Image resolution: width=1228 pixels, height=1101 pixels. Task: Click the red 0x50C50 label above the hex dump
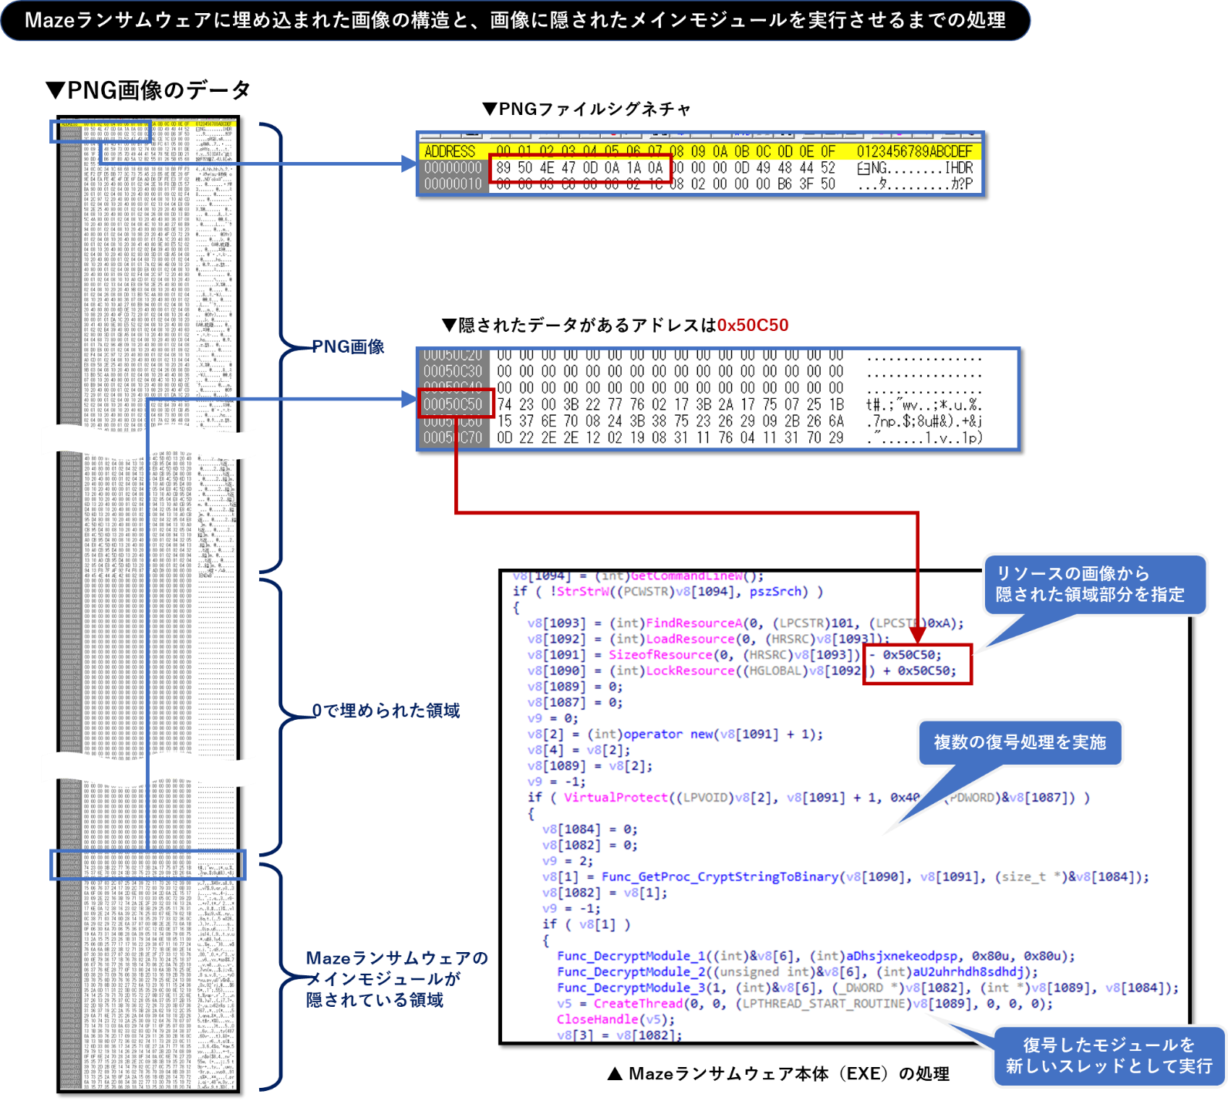(x=753, y=325)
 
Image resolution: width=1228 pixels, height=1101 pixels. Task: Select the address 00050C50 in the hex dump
(x=453, y=404)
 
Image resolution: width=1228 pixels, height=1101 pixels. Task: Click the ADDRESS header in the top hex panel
(x=450, y=151)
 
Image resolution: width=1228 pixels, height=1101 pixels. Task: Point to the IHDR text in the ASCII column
(x=959, y=167)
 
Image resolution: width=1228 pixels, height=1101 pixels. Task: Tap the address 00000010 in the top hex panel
(x=453, y=184)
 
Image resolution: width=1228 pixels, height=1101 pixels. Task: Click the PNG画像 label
(x=348, y=346)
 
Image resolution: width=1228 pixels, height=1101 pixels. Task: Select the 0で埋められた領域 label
(x=386, y=711)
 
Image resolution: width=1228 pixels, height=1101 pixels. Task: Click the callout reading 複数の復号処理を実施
(x=1020, y=742)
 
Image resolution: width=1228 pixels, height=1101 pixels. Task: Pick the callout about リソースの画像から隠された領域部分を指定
(x=1090, y=584)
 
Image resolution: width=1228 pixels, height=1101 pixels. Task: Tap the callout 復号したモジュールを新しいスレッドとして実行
(x=1109, y=1055)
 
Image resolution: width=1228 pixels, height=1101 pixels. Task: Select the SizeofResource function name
(x=660, y=654)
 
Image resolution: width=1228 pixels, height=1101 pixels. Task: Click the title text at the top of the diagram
(x=515, y=20)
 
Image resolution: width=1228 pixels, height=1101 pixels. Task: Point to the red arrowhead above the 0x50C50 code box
(x=917, y=635)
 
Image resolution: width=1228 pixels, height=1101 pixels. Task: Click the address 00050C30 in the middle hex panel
(x=453, y=371)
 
